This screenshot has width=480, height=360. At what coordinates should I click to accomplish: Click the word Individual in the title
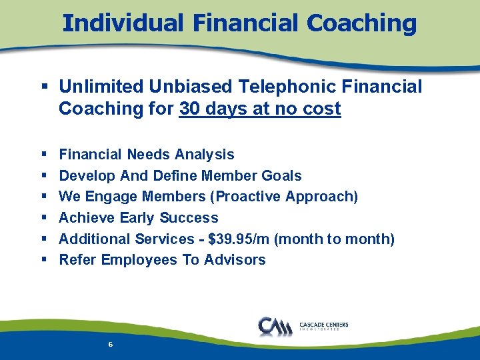119,23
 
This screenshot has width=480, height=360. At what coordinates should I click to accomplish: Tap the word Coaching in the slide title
361,23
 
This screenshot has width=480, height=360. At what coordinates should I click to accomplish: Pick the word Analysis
205,155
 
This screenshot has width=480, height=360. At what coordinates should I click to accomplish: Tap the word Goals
283,176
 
